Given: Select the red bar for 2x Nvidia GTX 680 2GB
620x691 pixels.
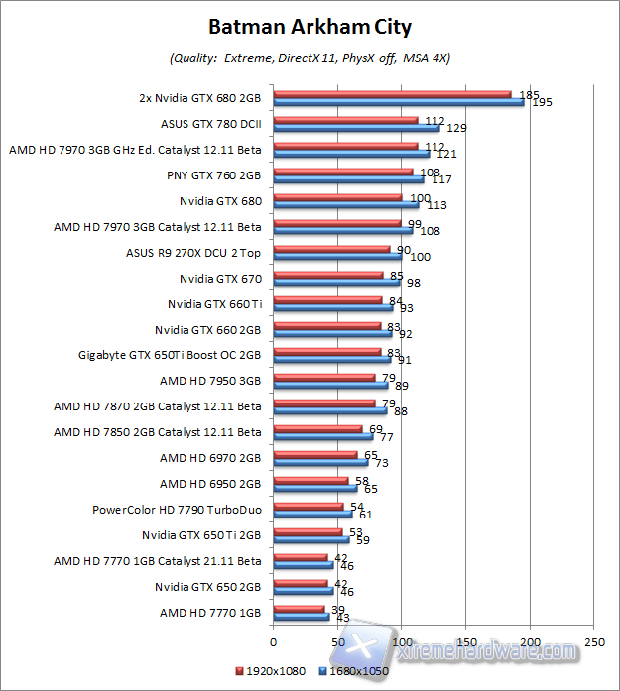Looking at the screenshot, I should pos(392,95).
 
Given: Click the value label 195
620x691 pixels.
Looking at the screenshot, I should pos(542,102).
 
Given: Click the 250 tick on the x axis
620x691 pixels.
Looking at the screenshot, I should pos(593,640).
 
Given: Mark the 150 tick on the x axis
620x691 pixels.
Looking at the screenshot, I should pos(465,640).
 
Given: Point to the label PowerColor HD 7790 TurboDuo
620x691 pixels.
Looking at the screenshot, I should pos(177,510).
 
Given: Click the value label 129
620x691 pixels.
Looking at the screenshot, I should pos(456,128).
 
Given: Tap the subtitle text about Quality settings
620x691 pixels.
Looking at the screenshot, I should pos(310,58).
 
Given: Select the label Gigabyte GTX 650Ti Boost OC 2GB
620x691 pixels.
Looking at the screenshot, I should pos(170,355).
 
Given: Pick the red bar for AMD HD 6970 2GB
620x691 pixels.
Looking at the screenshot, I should pos(314,454).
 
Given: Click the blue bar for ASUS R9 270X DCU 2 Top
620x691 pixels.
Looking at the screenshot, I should pos(336,257).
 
